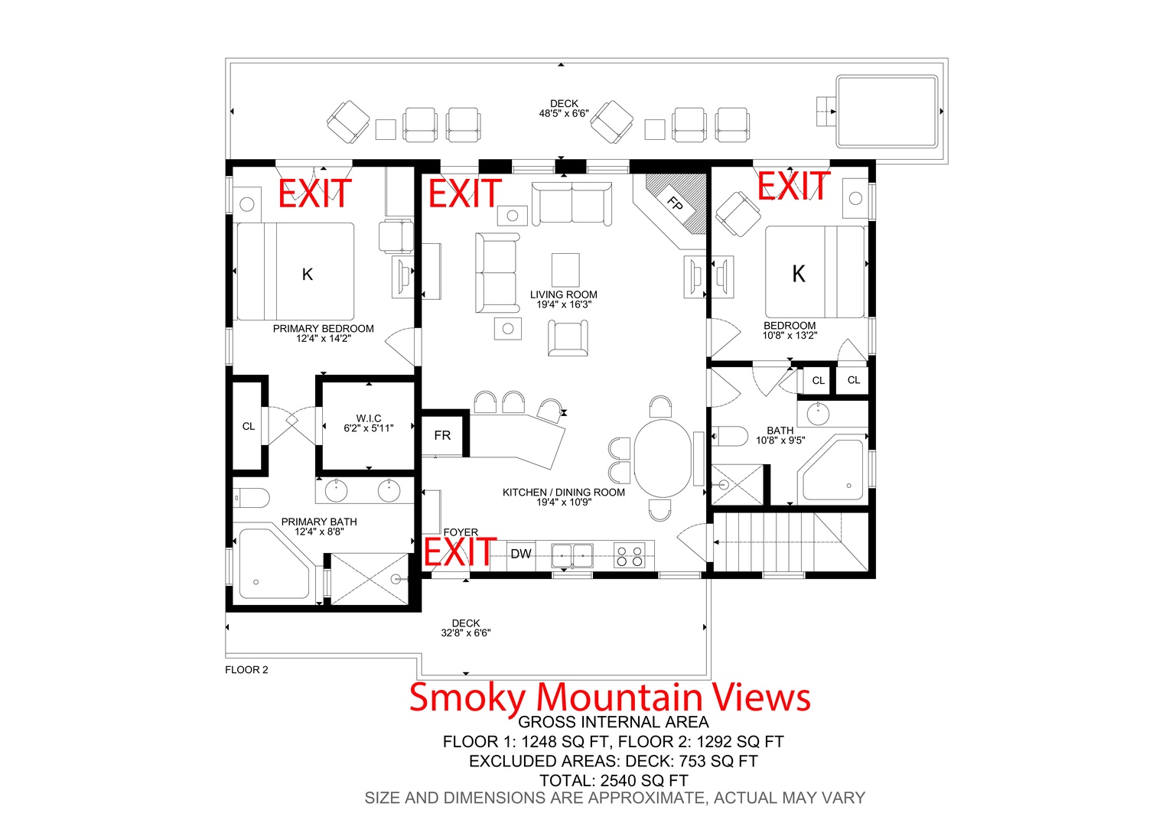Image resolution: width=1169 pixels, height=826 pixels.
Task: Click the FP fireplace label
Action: (x=675, y=203)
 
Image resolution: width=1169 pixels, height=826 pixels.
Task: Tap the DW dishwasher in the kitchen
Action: (x=521, y=554)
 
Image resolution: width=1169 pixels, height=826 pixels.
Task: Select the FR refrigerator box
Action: (x=442, y=435)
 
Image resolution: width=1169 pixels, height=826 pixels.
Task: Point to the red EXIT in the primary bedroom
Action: (x=314, y=193)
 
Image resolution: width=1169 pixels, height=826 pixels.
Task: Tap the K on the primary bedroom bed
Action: (x=308, y=275)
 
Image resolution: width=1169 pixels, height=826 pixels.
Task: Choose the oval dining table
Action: (x=663, y=458)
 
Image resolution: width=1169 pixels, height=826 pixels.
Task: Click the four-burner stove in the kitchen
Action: (x=630, y=554)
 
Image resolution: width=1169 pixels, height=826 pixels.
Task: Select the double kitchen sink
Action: (x=572, y=555)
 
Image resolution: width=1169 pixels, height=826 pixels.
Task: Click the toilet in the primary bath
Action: (x=251, y=498)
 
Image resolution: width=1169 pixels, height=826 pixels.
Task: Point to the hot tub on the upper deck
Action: (x=887, y=112)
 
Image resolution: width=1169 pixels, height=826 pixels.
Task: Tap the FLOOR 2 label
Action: (x=246, y=670)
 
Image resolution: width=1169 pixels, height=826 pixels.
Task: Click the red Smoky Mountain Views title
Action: (x=610, y=698)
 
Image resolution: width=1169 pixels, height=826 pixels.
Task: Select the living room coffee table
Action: (x=565, y=270)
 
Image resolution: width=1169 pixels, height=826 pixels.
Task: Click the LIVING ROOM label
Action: (x=564, y=294)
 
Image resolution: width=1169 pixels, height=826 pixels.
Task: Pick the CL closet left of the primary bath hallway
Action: (x=249, y=426)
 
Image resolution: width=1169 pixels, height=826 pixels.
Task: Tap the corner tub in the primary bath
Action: (x=275, y=564)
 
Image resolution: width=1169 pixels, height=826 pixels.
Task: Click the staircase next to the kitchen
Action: (x=790, y=542)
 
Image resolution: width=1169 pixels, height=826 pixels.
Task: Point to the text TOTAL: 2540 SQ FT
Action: (x=614, y=781)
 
